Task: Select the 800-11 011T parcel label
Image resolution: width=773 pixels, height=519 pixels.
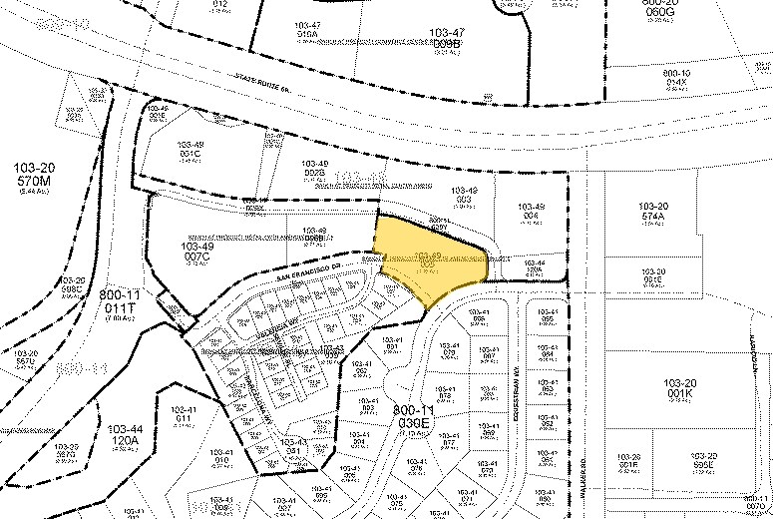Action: (119, 300)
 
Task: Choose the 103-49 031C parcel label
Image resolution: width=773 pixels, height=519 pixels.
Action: (191, 149)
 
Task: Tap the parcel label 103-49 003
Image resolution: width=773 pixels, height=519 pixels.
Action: (464, 196)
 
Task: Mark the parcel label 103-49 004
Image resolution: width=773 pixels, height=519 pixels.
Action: (532, 213)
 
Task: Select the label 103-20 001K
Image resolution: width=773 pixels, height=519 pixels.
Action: (679, 388)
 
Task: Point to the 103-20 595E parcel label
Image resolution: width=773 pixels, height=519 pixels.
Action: (704, 460)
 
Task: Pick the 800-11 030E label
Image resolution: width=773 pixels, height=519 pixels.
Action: (412, 416)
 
